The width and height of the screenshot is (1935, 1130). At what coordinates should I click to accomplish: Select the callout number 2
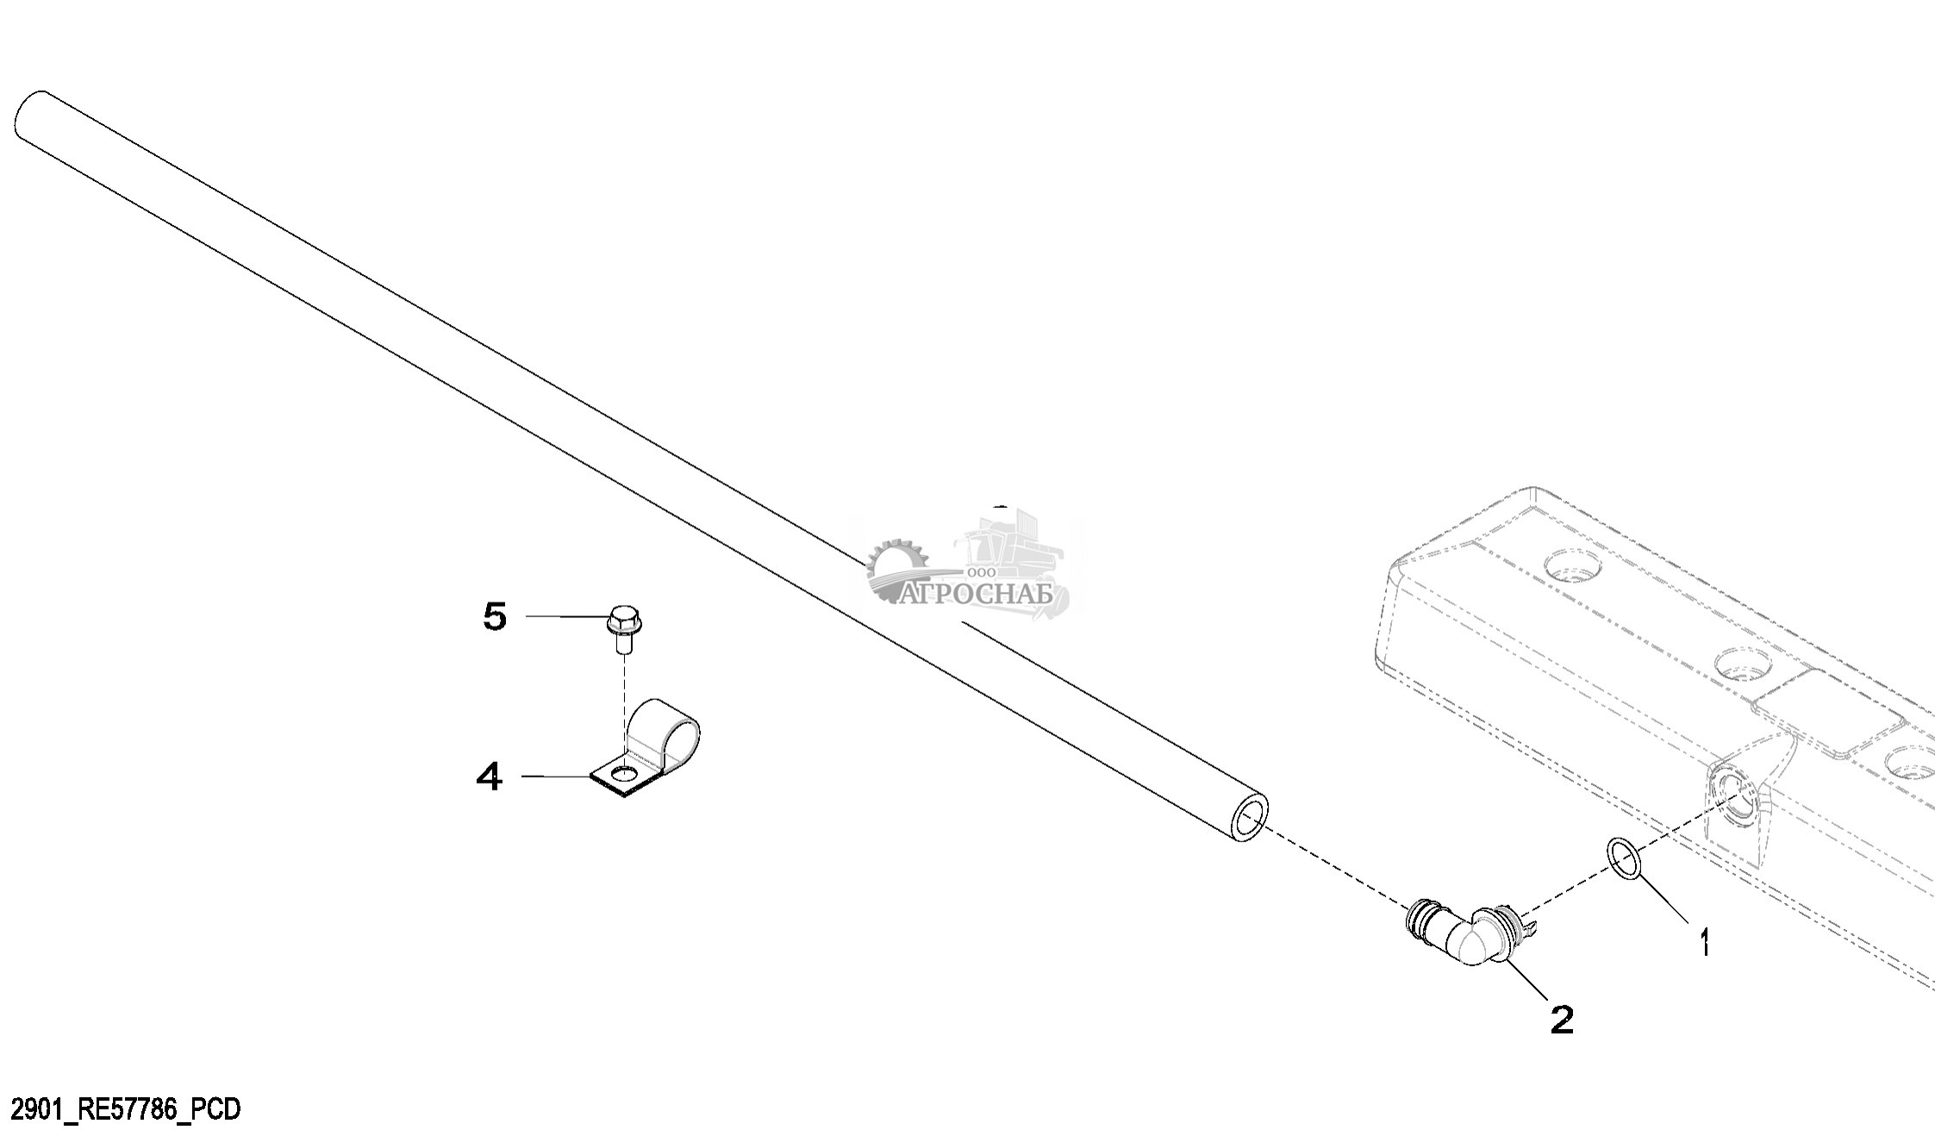click(1562, 1021)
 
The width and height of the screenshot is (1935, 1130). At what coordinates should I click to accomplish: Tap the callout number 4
click(489, 778)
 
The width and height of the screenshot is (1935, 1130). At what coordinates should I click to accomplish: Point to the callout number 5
click(494, 617)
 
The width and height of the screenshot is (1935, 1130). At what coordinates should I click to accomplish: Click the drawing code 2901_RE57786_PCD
click(120, 1108)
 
